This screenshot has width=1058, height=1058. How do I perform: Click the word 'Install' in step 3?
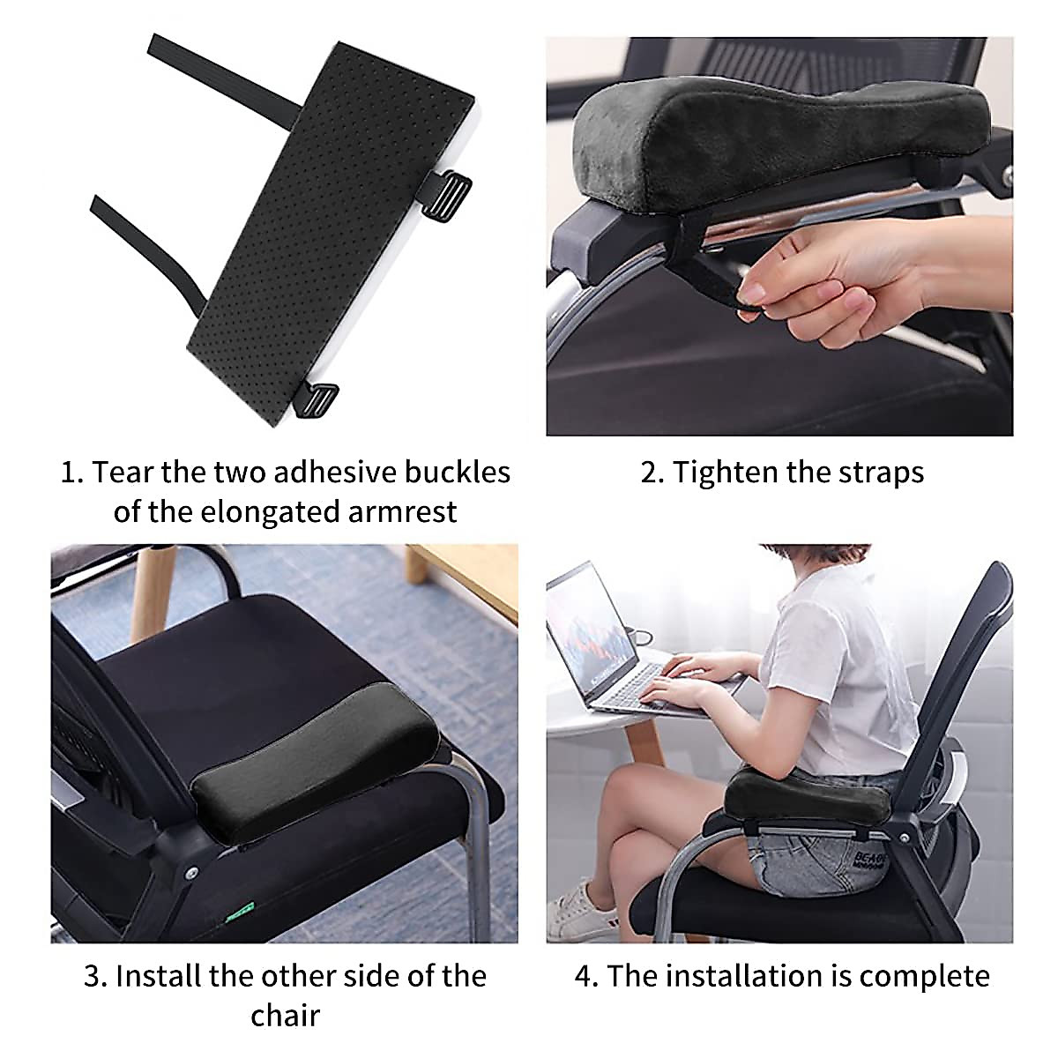(x=158, y=976)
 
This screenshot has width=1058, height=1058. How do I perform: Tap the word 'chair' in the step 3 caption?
(x=285, y=1015)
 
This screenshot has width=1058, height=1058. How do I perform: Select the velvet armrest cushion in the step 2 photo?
(x=758, y=132)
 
